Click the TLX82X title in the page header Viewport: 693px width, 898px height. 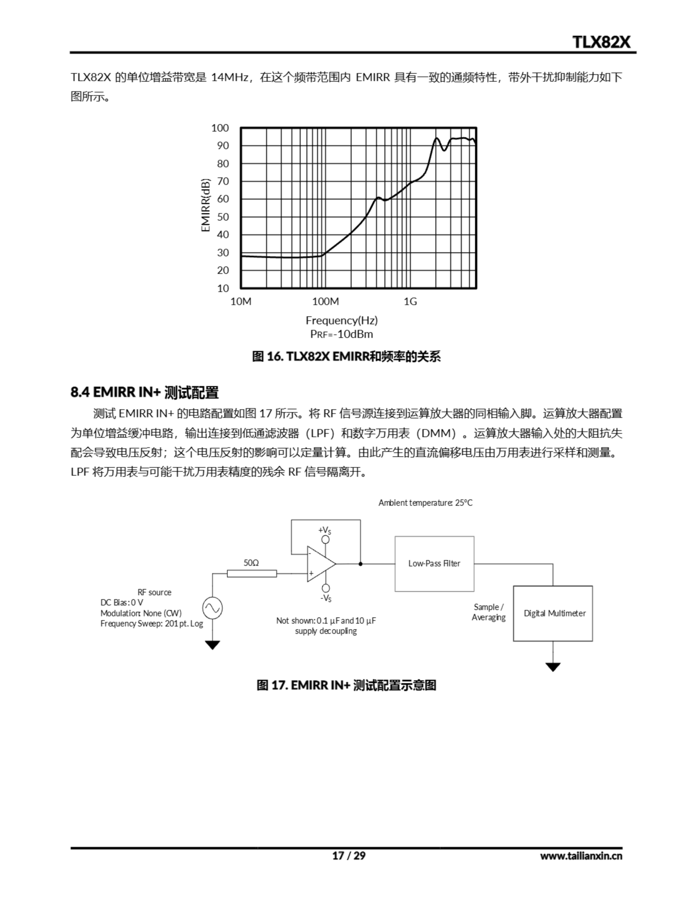point(601,42)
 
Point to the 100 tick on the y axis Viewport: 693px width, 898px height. point(220,128)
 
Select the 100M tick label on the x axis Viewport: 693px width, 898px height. point(325,302)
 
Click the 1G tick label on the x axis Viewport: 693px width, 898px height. point(410,302)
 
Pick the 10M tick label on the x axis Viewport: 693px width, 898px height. point(241,302)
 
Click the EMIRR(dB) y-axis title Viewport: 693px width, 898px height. point(206,205)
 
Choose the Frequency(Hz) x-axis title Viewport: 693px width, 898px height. point(341,320)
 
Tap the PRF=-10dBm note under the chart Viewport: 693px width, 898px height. point(341,334)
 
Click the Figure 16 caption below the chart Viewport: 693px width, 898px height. point(346,356)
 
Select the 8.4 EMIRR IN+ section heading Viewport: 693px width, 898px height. point(144,392)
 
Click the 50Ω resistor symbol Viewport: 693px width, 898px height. point(252,574)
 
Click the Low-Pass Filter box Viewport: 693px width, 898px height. point(434,564)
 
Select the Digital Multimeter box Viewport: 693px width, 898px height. point(553,613)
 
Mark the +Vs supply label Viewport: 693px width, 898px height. point(324,530)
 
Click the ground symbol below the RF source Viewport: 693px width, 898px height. point(212,645)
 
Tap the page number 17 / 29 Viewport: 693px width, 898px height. point(348,856)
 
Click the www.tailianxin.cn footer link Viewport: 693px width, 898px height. point(581,856)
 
